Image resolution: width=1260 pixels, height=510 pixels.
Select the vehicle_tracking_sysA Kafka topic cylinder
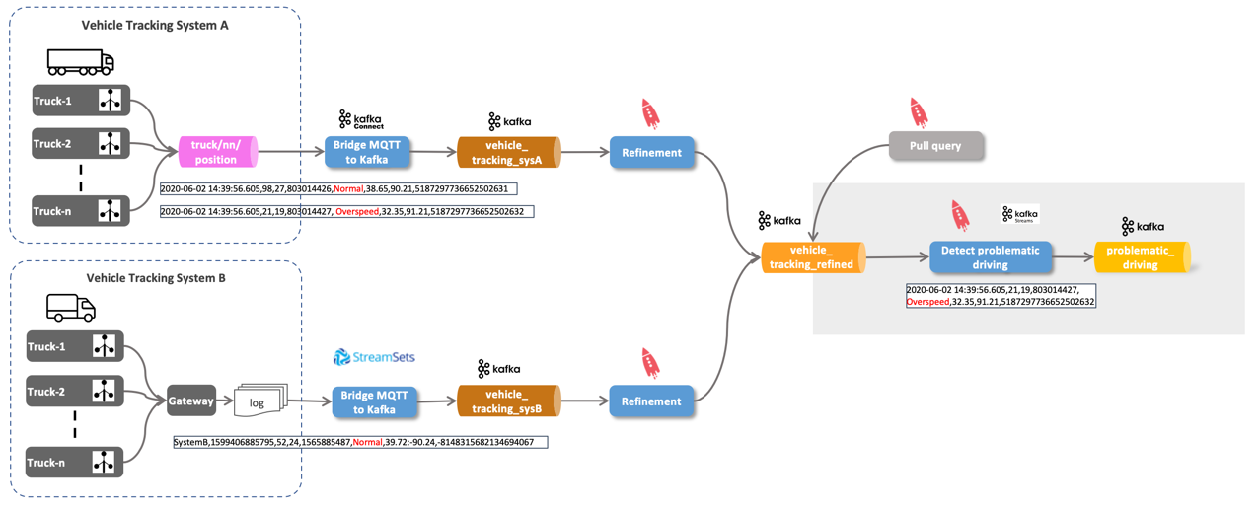[x=508, y=153]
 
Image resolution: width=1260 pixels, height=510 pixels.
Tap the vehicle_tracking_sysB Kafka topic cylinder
[x=508, y=401]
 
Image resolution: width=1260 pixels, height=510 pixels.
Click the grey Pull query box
[x=936, y=146]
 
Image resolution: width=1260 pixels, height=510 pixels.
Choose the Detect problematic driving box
[x=990, y=257]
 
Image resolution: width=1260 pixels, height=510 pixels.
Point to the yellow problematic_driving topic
[x=1142, y=257]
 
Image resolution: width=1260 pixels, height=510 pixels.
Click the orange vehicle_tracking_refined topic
[x=813, y=257]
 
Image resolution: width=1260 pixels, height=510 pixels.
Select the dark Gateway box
[x=191, y=401]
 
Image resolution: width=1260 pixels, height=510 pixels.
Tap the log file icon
[x=259, y=401]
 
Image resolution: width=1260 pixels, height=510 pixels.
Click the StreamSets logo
[x=374, y=357]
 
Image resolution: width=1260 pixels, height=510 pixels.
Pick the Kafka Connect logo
[x=360, y=120]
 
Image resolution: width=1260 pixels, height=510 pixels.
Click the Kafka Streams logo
[x=1019, y=214]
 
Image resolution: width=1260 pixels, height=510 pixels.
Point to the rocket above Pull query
[x=918, y=112]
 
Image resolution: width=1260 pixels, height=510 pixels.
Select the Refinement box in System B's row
[x=651, y=401]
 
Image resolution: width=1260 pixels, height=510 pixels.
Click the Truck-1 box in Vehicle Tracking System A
[x=81, y=101]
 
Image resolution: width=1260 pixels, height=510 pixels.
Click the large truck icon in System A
[x=81, y=62]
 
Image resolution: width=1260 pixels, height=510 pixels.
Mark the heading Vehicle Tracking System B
[x=156, y=278]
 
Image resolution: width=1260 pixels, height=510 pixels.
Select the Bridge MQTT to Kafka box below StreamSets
[x=372, y=401]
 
